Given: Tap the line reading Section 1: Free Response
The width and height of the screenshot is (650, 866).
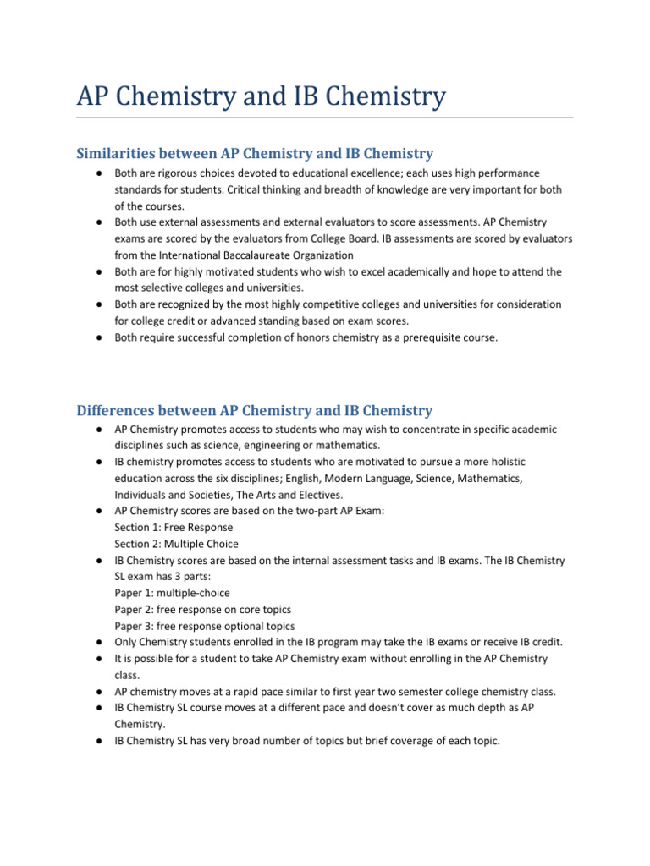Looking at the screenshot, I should pos(174,527).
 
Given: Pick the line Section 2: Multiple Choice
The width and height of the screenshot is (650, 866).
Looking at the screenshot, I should pos(177,544).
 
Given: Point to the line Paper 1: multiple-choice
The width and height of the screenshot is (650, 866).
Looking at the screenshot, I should pos(172,593).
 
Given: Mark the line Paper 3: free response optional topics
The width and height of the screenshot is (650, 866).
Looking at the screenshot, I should pos(205,627).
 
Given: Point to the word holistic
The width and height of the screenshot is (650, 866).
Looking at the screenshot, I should pos(534,462).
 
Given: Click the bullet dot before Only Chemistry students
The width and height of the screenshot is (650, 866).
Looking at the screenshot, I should pos(99,643).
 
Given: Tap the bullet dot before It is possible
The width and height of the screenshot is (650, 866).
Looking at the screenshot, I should pos(99,659).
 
